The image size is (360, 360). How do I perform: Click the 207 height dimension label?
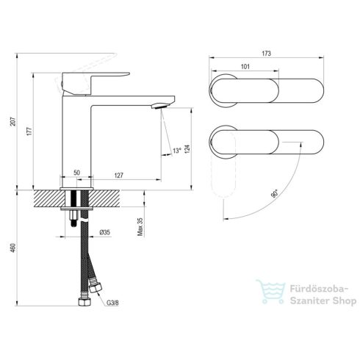click(x=13, y=122)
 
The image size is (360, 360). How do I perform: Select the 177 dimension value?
click(x=29, y=132)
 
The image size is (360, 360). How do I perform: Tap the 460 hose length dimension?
click(x=13, y=248)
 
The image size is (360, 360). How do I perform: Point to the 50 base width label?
click(x=76, y=173)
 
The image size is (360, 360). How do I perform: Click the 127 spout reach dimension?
click(x=119, y=176)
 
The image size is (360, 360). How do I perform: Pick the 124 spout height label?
click(x=187, y=149)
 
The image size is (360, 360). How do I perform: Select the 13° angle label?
click(x=177, y=151)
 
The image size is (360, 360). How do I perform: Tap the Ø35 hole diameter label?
click(x=105, y=232)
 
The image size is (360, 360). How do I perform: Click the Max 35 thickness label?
click(x=140, y=226)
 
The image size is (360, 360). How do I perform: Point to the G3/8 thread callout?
click(x=112, y=303)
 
